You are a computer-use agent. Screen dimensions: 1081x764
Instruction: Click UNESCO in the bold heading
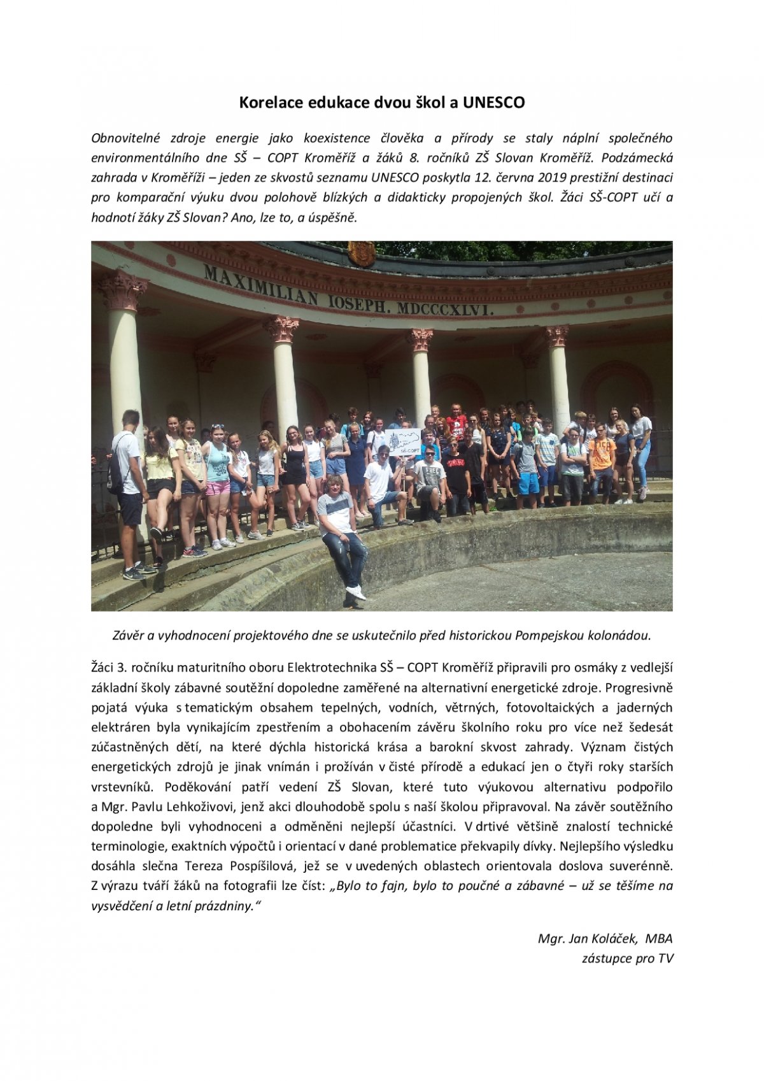coord(493,102)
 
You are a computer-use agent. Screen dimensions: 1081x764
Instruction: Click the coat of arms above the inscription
coord(361,253)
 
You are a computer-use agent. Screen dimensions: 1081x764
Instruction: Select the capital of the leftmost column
coord(122,292)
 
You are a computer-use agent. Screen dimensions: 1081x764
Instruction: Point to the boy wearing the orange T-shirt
coord(601,453)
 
